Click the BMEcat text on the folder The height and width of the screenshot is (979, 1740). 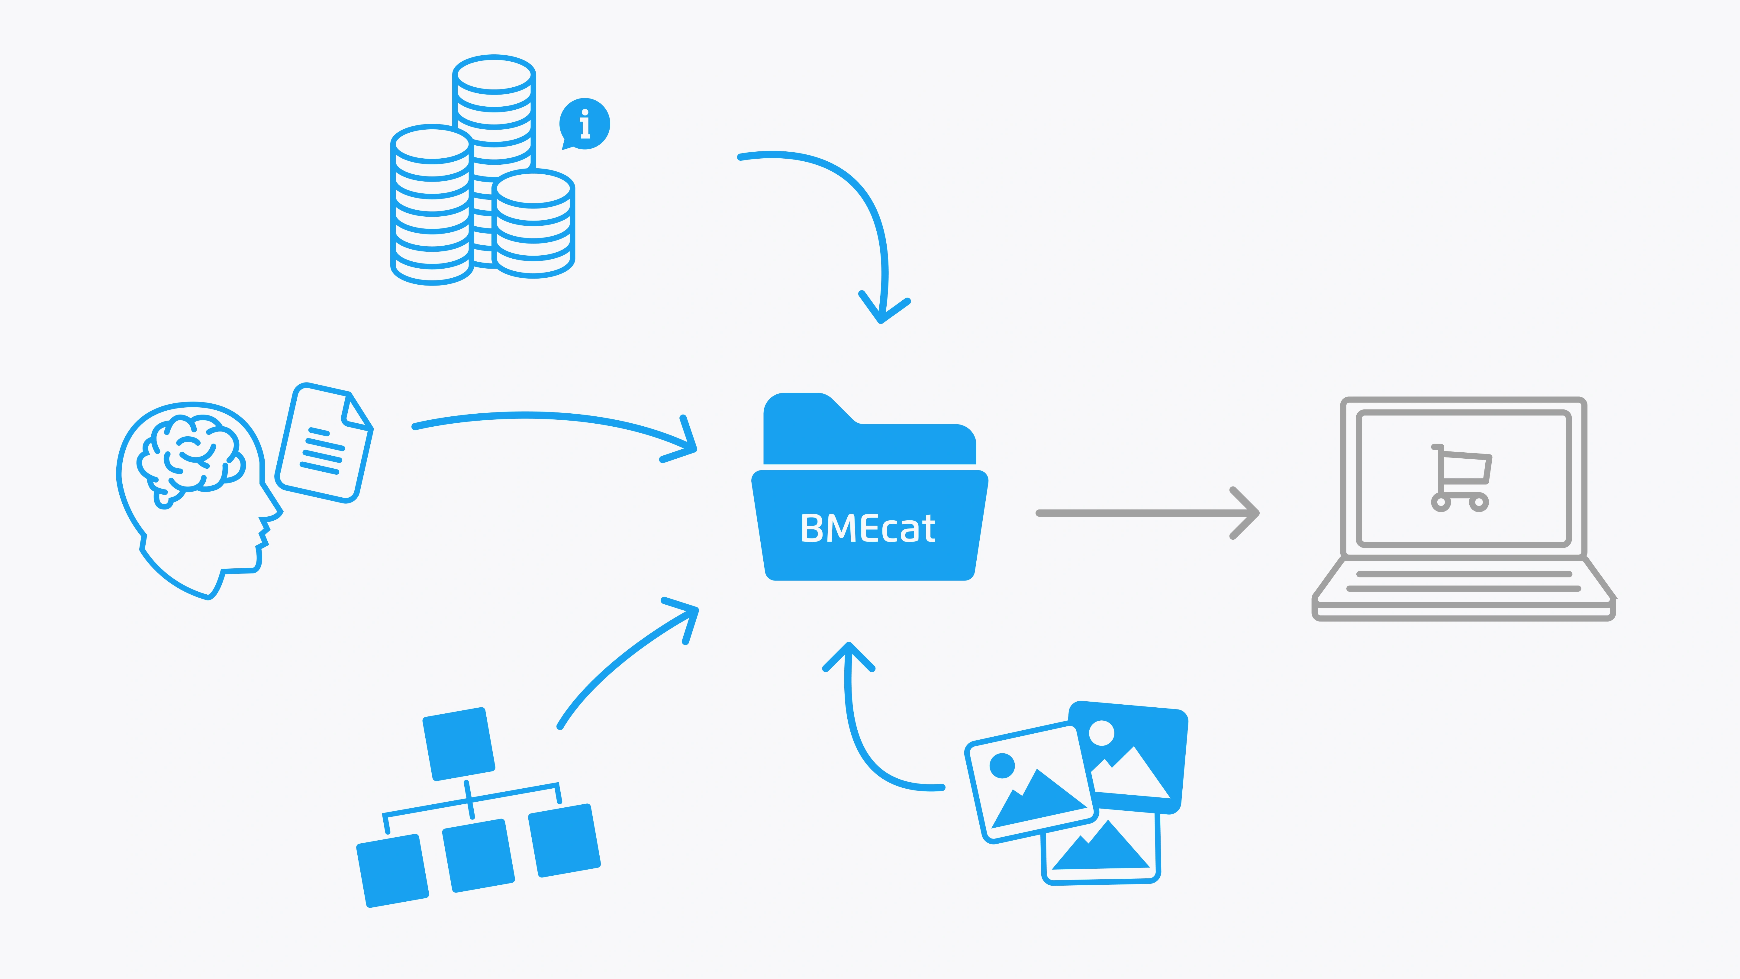pyautogui.click(x=868, y=528)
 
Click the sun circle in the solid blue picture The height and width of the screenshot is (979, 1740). pyautogui.click(x=1102, y=732)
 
